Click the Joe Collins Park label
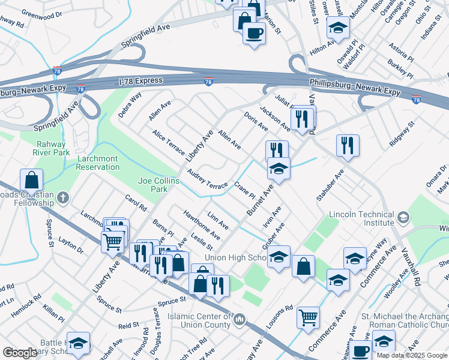click(158, 184)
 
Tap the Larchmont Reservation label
click(106, 163)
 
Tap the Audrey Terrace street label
click(207, 178)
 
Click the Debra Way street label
click(130, 104)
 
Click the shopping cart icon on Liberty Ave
click(113, 242)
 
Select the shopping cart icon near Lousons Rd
click(308, 317)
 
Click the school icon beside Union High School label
click(279, 257)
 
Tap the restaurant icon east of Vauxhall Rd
click(348, 146)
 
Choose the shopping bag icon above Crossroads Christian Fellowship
click(31, 179)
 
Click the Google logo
click(20, 353)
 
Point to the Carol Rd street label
click(136, 204)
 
